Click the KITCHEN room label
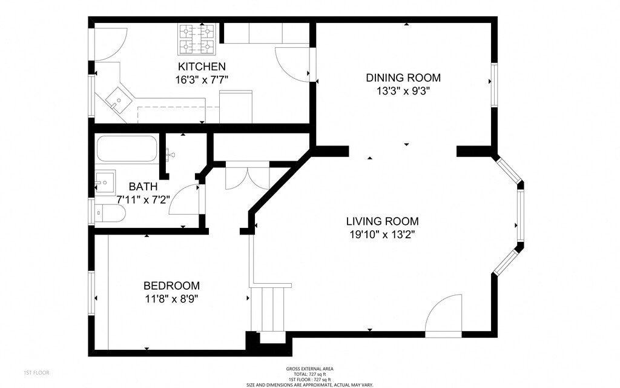coord(202,67)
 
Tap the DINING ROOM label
coord(403,78)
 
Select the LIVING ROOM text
coord(383,221)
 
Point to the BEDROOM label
coord(171,286)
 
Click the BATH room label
coord(143,187)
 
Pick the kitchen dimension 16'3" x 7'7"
coord(202,80)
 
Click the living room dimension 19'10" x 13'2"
coord(382,235)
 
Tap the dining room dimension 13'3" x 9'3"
coord(403,91)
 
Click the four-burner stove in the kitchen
coord(197,39)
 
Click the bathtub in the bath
coord(127,149)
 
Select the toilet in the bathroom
coord(110,213)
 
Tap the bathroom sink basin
coord(105,182)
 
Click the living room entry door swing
coord(444,315)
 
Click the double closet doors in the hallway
coord(248,175)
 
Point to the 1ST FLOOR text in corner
coord(36,373)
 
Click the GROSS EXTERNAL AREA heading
coord(309,369)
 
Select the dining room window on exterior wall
coord(494,85)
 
